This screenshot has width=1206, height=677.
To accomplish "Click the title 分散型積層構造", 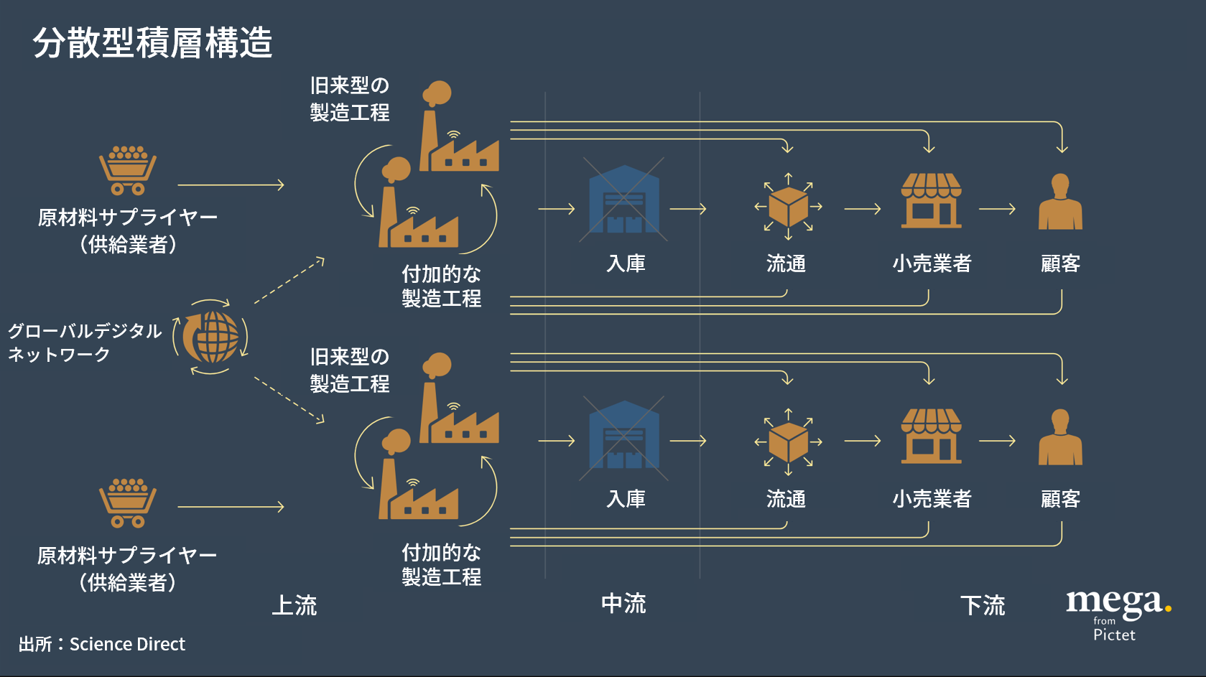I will [x=152, y=43].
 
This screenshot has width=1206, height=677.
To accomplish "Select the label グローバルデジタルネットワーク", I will [x=84, y=342].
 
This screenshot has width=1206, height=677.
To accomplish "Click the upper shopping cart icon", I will [x=128, y=171].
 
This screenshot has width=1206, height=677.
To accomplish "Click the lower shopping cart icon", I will [x=128, y=503].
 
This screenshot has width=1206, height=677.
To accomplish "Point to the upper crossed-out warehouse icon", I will [x=623, y=200].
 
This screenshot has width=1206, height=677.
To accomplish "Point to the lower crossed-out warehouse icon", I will [x=623, y=436].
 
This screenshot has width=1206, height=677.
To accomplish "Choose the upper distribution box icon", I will [x=788, y=207].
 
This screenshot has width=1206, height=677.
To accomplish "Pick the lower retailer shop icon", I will [x=931, y=436].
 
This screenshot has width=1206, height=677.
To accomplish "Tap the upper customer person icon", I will [x=1060, y=202].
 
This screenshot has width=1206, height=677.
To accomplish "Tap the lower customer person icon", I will [x=1060, y=438].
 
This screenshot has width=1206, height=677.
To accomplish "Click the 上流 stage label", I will [x=294, y=605].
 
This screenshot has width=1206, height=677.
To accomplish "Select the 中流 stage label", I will [x=623, y=604].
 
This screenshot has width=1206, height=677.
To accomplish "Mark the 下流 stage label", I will [x=983, y=605].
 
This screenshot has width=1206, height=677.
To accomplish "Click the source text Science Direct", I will [x=127, y=644].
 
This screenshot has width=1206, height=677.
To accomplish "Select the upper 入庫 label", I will [x=626, y=263].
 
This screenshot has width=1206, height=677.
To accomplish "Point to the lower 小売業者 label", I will [x=932, y=498].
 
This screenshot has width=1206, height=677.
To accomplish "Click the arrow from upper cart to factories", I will [x=231, y=185].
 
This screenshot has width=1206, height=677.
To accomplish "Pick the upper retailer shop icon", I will [x=931, y=200].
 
